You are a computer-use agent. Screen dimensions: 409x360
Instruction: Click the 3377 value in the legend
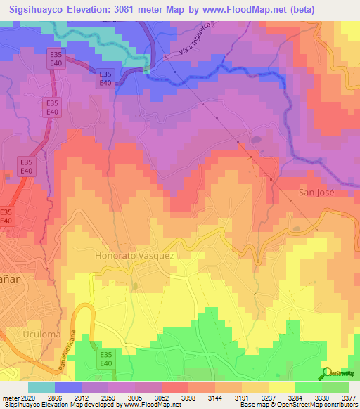[346, 397]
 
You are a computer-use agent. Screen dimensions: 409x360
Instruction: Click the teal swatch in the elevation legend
[41, 387]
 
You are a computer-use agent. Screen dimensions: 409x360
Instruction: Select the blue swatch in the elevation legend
[68, 387]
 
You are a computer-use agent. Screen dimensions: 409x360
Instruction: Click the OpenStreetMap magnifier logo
[327, 373]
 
